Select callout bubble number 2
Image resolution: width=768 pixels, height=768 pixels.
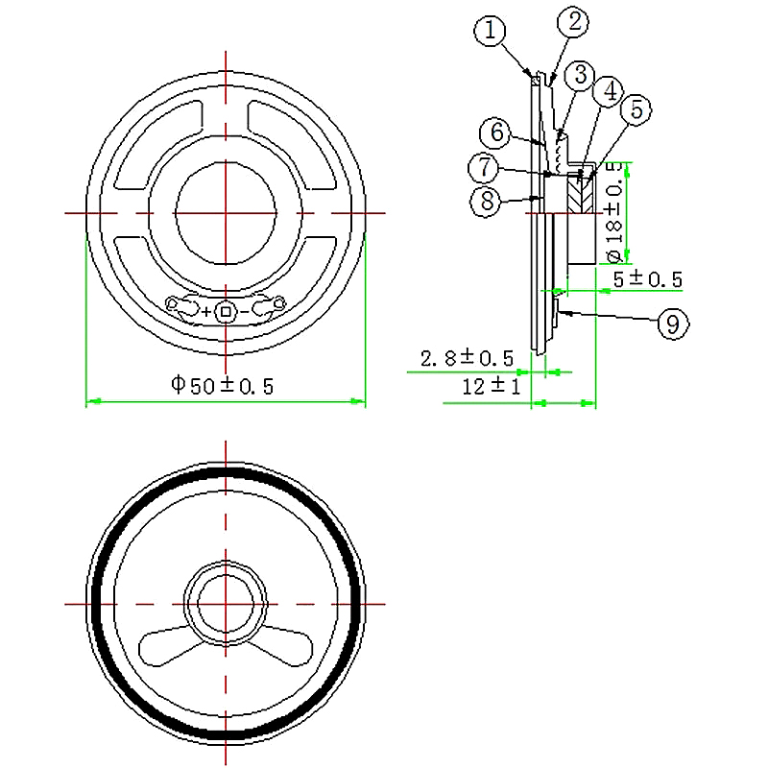tap(574, 22)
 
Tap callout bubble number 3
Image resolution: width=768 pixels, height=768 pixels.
tap(579, 75)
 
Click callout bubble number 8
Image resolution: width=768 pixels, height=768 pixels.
tap(486, 200)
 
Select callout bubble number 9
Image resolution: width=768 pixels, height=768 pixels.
tap(672, 324)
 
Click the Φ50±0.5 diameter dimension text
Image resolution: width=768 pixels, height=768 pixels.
tap(223, 386)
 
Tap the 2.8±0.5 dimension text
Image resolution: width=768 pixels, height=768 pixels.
tap(467, 358)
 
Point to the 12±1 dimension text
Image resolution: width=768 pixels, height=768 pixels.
tap(491, 387)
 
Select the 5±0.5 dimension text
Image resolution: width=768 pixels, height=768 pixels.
tap(647, 279)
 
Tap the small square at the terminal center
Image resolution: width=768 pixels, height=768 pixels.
tap(227, 310)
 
